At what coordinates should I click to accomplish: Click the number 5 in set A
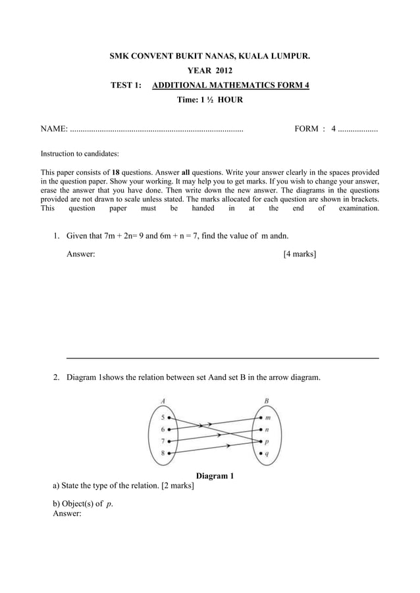click(163, 417)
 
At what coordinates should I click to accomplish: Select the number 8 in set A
click(163, 454)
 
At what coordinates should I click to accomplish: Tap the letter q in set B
click(267, 454)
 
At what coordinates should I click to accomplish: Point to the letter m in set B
click(267, 417)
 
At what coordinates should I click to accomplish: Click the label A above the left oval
click(162, 400)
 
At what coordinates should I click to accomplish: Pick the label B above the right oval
click(266, 400)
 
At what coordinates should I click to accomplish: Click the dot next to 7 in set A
click(169, 441)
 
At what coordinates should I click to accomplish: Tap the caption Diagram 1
click(215, 476)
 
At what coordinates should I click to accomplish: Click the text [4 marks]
click(299, 253)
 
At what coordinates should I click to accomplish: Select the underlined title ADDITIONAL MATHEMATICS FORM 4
click(230, 85)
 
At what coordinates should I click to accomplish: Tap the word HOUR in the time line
click(230, 100)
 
